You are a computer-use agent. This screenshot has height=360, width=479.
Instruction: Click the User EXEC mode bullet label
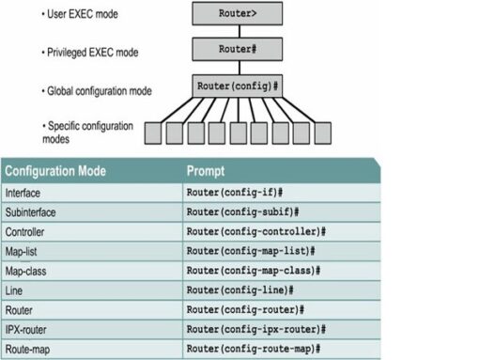[85, 15]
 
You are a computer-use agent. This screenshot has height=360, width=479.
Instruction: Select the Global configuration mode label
[99, 92]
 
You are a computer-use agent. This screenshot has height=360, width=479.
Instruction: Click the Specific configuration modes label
[91, 131]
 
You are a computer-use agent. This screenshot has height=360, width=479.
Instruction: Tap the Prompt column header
[206, 172]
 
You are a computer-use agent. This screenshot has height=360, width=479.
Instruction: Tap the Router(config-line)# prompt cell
[241, 290]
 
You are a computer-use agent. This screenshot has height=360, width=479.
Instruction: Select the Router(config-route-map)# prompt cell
[254, 350]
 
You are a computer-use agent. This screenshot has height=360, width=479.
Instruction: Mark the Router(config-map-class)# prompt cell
[254, 271]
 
